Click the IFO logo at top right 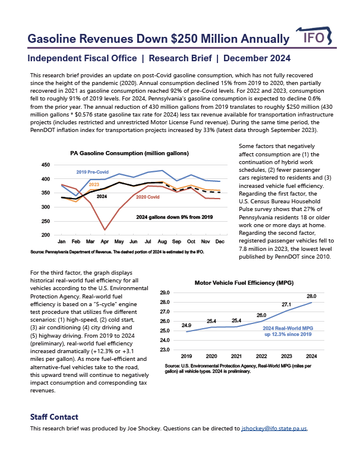point(314,36)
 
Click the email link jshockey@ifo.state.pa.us point(274,429)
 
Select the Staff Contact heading point(54,417)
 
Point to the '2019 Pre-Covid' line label point(93,172)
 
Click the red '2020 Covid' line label point(147,197)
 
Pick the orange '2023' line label point(94,184)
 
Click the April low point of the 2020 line point(105,229)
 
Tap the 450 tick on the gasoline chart point(46,165)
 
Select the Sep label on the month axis point(176,241)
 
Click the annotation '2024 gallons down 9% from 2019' point(174,217)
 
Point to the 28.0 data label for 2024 point(311,296)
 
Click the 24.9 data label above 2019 point(187,325)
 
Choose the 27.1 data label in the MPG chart point(286,304)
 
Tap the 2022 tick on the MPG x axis point(261,356)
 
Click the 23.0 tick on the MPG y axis point(165,350)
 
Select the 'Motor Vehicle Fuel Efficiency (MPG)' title point(244,282)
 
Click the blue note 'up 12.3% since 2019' point(288,334)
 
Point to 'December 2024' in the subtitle point(257,58)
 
